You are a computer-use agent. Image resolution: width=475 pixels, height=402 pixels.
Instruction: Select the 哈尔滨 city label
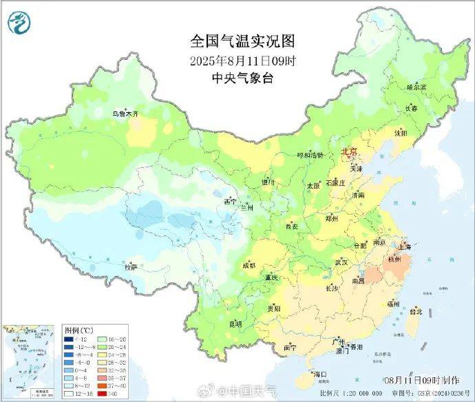coord(416,87)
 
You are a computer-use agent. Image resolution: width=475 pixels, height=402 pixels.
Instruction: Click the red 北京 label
coord(350,151)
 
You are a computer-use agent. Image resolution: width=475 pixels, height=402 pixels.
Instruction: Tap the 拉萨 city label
coord(131,266)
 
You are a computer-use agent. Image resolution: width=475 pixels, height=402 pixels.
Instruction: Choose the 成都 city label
coord(249,265)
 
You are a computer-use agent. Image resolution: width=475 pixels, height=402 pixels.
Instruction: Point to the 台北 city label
coord(416,311)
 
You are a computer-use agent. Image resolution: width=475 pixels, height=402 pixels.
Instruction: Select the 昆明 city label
coord(235,323)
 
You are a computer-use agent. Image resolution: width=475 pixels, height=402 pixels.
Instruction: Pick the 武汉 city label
coord(341,262)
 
